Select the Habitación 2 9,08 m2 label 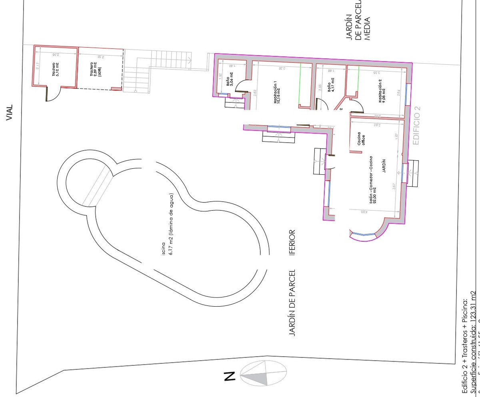pyautogui.click(x=382, y=96)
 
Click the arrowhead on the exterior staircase pyautogui.click(x=190, y=60)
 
